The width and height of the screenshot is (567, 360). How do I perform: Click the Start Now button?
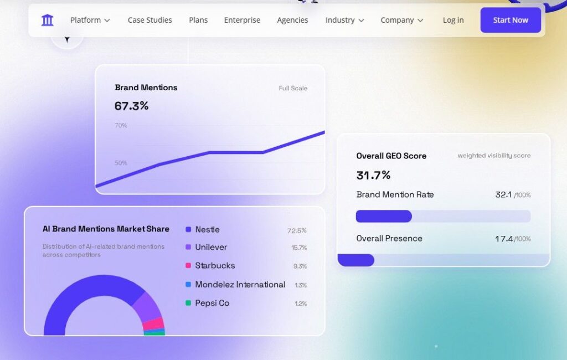point(511,20)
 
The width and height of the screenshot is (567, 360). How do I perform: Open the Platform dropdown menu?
point(90,20)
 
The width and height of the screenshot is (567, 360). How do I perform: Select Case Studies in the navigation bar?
point(150,20)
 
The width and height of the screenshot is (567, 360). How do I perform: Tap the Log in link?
point(453,20)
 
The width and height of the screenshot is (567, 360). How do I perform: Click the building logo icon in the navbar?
point(48,20)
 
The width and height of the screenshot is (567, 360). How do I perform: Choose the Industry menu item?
point(344,20)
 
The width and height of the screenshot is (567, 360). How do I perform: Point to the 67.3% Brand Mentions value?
point(132,106)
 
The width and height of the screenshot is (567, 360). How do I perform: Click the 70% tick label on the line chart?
point(121,126)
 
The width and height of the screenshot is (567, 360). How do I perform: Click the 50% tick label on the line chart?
point(121,163)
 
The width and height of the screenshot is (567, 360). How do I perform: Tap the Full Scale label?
point(293,88)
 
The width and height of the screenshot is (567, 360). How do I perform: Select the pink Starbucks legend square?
point(188,265)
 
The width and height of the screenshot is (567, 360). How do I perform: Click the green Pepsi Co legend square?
point(188,303)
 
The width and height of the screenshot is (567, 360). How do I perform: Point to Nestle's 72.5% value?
point(297,230)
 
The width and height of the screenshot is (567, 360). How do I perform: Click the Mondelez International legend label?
point(240,285)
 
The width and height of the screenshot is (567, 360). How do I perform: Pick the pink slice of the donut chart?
point(154,323)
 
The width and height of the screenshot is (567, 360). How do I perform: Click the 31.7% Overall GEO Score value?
point(374,176)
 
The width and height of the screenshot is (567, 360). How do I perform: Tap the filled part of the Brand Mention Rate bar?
point(384,217)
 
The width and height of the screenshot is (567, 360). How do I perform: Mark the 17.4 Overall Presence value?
point(504,239)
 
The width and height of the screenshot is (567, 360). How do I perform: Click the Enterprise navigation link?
point(243,20)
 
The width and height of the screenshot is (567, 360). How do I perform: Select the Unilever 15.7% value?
point(299,248)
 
